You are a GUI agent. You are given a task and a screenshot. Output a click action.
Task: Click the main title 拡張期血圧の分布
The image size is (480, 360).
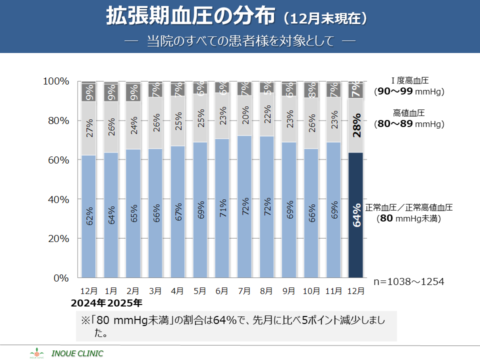pyautogui.click(x=190, y=17)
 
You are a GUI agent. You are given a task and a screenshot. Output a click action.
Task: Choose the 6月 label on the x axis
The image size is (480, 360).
pyautogui.click(x=221, y=290)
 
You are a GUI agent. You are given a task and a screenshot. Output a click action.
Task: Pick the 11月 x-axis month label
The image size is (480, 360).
pyautogui.click(x=333, y=290)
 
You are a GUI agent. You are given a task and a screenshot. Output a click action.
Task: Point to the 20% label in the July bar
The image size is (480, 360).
pyautogui.click(x=244, y=116)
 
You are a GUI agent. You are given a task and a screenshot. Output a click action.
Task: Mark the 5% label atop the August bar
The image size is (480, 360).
pyautogui.click(x=267, y=87)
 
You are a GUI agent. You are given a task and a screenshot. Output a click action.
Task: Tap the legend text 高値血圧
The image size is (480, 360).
pyautogui.click(x=409, y=113)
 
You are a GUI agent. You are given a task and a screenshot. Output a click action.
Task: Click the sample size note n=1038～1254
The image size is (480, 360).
pyautogui.click(x=409, y=281)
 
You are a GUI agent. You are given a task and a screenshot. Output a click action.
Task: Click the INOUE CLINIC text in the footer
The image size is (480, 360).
pyautogui.click(x=80, y=353)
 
